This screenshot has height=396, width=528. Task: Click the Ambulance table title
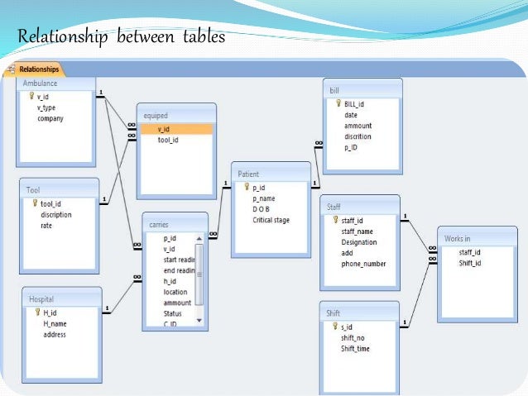pos(40,83)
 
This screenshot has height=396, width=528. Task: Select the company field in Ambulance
pos(50,119)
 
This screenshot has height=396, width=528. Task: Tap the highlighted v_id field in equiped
pos(163,129)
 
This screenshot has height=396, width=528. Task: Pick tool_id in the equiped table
pos(167,140)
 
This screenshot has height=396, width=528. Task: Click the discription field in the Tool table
pos(55,215)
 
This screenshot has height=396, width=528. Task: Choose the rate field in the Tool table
pos(46,226)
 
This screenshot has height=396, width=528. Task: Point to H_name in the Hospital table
pos(54,324)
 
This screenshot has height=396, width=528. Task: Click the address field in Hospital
pos(55,335)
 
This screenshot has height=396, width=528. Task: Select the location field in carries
pos(175,292)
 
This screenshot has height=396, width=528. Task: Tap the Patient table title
pos(248,174)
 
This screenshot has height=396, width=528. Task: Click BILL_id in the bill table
pos(354,104)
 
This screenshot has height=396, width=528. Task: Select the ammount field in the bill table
pos(358,126)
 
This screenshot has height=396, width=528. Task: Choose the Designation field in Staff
pos(358,242)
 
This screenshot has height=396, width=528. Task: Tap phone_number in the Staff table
pos(363,264)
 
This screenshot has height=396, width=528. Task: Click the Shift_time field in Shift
pos(355,349)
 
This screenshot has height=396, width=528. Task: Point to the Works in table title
pos(458,238)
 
